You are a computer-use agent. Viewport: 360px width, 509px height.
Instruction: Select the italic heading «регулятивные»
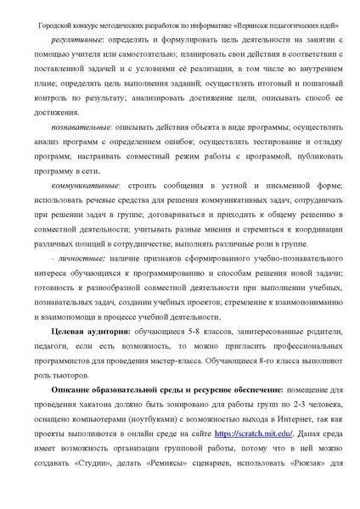pyautogui.click(x=77, y=39)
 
